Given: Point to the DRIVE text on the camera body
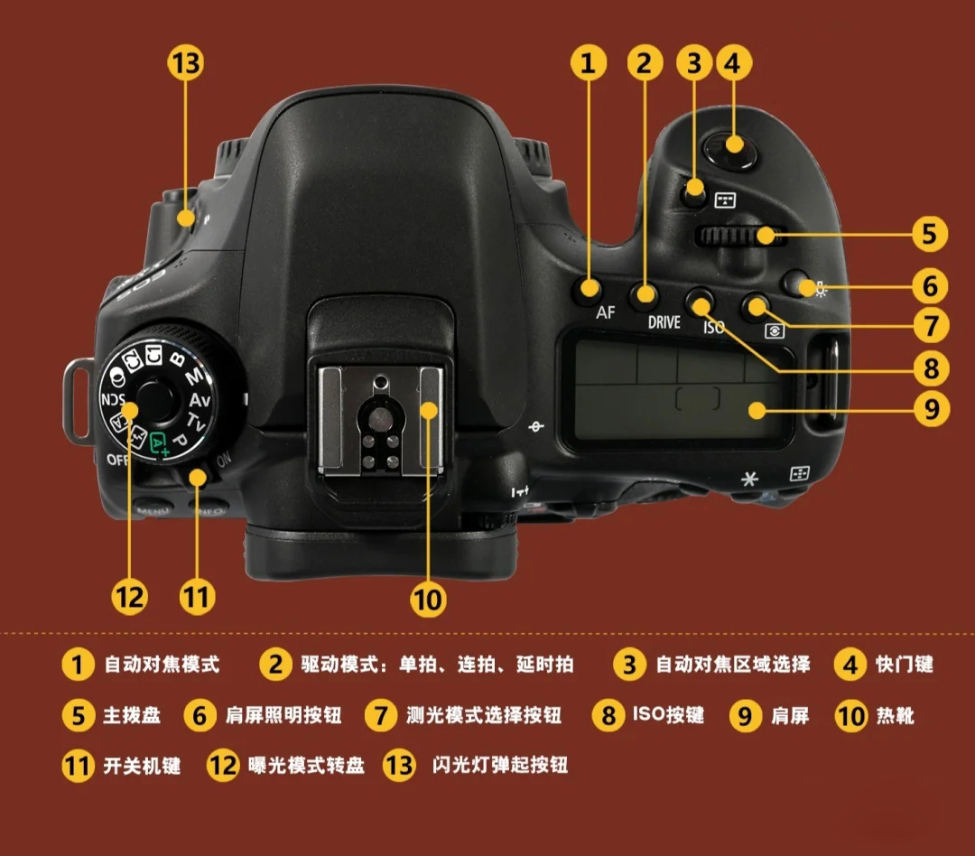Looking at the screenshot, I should point(664,321).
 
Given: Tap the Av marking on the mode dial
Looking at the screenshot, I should point(200,399).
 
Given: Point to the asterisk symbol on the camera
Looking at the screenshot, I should point(748,479).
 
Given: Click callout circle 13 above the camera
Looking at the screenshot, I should point(186,63).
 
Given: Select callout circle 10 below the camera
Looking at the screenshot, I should point(428,598).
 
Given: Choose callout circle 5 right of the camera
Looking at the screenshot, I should point(929,234).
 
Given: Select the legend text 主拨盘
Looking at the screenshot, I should point(132,715).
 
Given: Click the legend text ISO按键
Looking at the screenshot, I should point(668,715).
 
